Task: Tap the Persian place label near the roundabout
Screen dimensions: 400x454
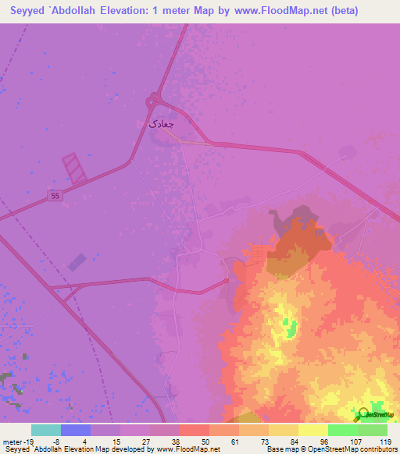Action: click(162, 123)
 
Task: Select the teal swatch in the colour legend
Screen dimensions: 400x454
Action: click(46, 430)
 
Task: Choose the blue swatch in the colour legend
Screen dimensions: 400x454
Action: click(76, 430)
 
